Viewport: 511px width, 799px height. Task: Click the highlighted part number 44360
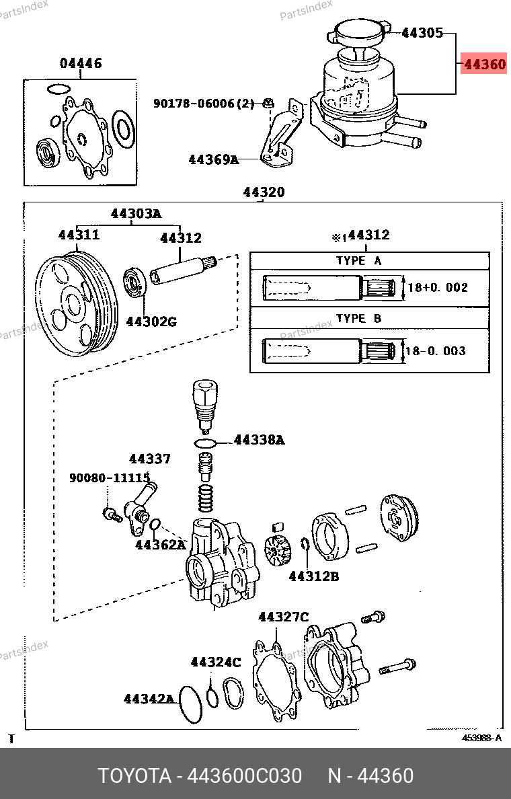[x=485, y=64]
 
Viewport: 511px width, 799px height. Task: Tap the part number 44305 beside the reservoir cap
[x=422, y=33]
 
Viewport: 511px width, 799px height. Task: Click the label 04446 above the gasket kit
[x=81, y=63]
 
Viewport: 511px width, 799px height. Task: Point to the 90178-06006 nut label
[x=204, y=104]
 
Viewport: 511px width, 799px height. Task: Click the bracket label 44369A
[x=213, y=159]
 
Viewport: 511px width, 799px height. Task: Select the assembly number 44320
[x=264, y=192]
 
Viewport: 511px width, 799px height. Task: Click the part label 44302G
[x=151, y=321]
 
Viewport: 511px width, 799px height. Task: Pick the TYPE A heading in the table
[x=358, y=261]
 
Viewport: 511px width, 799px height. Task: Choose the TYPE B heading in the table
[x=358, y=319]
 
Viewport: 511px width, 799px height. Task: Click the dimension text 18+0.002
[x=438, y=287]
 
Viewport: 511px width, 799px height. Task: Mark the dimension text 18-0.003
[x=436, y=350]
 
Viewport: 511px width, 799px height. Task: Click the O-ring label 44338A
[x=260, y=440]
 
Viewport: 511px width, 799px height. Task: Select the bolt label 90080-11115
[x=110, y=478]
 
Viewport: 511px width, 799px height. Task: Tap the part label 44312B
[x=314, y=576]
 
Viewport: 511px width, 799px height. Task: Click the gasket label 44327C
[x=283, y=617]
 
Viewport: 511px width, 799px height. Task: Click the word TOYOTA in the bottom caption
[x=134, y=776]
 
